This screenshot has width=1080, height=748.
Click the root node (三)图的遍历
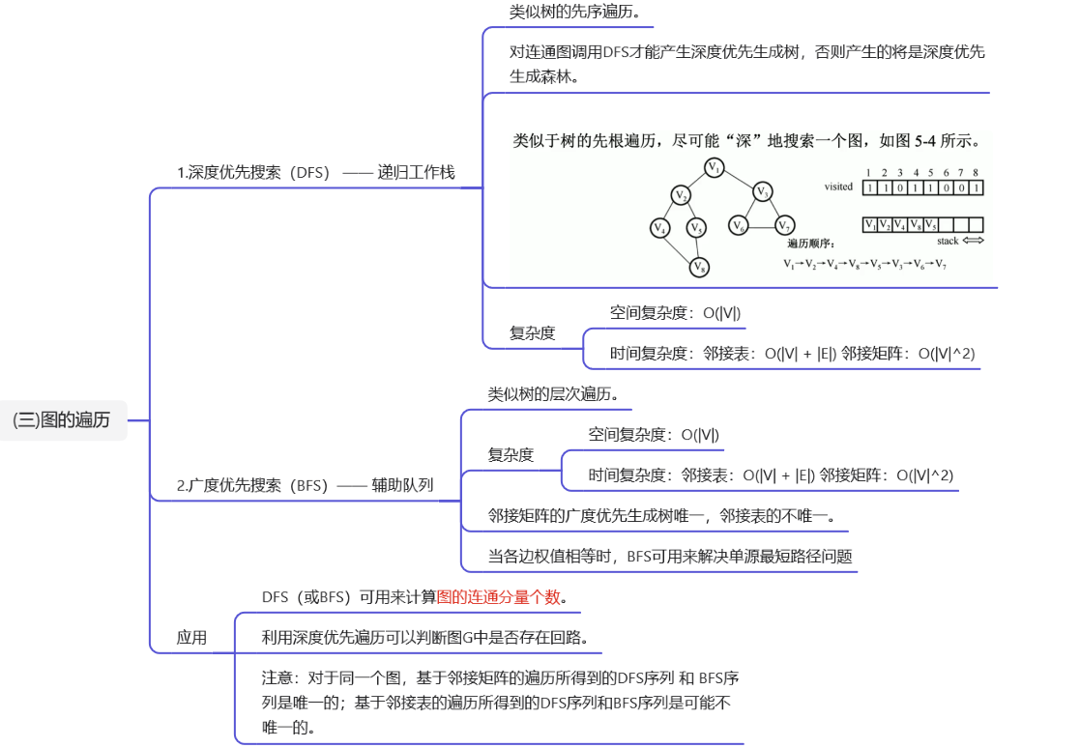(x=62, y=420)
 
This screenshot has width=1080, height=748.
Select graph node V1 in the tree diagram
(x=715, y=168)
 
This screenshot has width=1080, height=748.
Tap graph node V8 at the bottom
(x=699, y=266)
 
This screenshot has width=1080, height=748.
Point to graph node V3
(x=763, y=191)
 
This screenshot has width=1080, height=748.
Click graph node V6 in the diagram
(x=740, y=226)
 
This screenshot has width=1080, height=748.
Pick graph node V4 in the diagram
(x=660, y=228)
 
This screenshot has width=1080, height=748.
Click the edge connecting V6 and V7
(x=762, y=227)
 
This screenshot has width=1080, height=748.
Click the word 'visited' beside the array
(x=838, y=187)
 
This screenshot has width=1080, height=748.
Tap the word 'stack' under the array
(x=948, y=241)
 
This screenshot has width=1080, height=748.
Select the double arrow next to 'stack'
(x=973, y=241)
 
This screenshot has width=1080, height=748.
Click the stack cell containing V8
(x=915, y=224)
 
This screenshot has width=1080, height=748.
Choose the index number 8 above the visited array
(x=976, y=172)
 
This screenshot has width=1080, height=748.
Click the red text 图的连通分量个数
(x=499, y=597)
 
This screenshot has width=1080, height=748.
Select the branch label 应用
(x=191, y=638)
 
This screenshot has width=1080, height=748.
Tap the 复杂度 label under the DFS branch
(x=532, y=333)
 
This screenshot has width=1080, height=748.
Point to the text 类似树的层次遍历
(x=552, y=394)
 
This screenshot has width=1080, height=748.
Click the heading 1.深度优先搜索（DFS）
(x=253, y=173)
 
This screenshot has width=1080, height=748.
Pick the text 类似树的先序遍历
(x=574, y=14)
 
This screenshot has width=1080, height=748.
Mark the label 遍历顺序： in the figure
(x=810, y=244)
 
